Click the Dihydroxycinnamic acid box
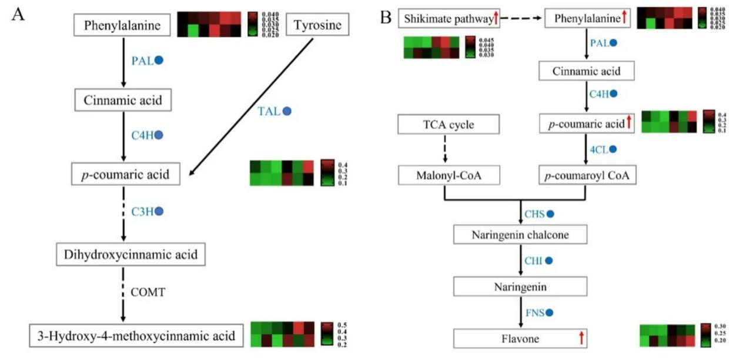(123, 255)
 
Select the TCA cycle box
(449, 125)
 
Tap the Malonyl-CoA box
(449, 175)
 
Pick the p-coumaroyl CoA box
(586, 175)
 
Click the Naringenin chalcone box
(520, 235)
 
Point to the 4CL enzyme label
(598, 150)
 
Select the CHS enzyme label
(535, 214)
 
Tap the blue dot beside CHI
(549, 261)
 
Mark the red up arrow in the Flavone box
(581, 338)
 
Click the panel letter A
(18, 15)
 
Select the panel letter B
(386, 16)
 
